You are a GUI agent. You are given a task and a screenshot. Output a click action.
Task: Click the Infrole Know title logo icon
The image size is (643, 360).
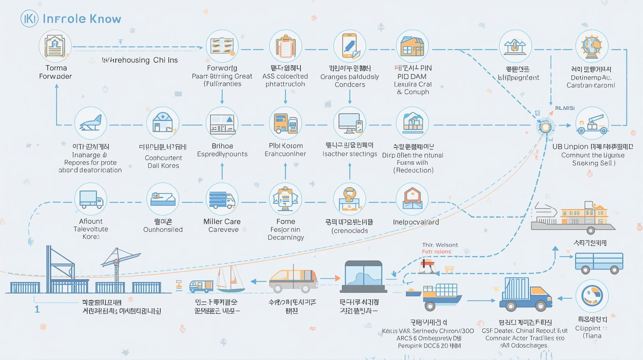29,19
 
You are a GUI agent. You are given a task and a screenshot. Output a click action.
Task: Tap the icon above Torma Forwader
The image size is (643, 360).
55,46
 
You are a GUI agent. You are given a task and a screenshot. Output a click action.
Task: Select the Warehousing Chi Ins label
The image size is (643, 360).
140,60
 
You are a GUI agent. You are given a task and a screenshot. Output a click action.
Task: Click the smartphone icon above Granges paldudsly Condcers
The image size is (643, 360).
349,46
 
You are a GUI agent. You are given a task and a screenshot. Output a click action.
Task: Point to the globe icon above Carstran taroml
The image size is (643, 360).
591,46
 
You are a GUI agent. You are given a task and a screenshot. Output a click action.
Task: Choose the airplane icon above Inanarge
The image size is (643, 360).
91,123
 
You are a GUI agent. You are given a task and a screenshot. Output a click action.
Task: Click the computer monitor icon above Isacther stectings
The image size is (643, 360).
349,123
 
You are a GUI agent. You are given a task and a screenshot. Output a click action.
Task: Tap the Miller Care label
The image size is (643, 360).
222,221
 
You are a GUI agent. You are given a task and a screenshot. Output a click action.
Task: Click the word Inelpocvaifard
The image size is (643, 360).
416,222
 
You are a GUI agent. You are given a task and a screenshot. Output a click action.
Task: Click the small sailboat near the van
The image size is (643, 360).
230,279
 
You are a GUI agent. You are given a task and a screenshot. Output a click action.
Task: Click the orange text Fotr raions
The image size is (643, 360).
436,252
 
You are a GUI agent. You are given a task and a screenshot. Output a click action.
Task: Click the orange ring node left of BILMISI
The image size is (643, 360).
545,127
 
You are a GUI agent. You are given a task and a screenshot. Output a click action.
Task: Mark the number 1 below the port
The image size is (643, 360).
37,309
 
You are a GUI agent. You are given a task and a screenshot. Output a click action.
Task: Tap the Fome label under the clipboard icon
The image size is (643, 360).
286,221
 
